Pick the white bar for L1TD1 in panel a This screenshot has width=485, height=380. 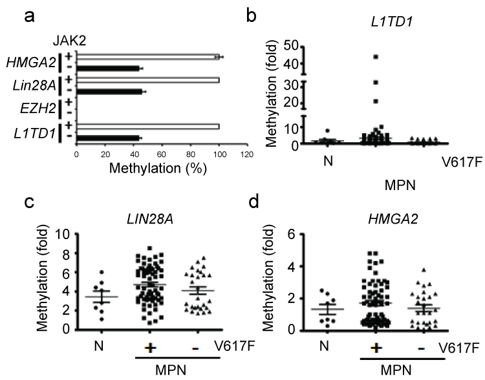(148, 127)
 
